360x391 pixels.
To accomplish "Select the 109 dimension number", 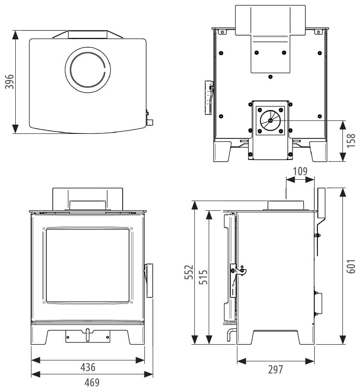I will coord(300,171).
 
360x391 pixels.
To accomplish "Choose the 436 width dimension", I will coord(87,367).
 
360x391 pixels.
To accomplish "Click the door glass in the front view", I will coord(87,265).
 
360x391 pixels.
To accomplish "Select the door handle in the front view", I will coord(149,281).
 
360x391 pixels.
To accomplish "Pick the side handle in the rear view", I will coord(207,97).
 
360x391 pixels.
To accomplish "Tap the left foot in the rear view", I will coord(222,151).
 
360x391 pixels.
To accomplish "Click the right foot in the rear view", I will coord(319,151).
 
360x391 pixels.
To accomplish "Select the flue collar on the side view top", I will coord(286,205).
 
